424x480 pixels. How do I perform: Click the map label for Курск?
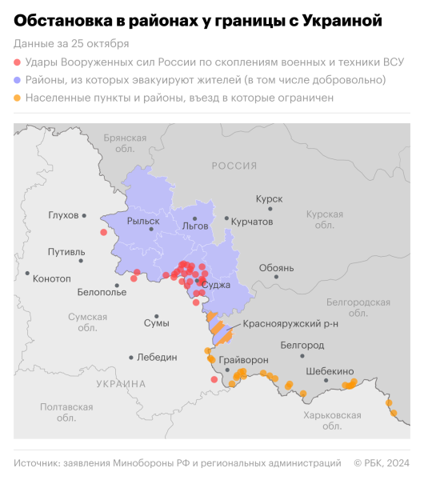tap(268, 198)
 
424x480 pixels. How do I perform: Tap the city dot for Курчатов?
tap(227, 218)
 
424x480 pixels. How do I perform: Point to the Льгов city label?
tap(195, 226)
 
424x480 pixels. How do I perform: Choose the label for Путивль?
tap(66, 252)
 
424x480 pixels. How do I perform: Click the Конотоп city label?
tap(53, 278)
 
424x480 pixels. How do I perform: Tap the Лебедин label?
tap(157, 358)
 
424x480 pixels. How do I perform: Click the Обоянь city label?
tap(277, 267)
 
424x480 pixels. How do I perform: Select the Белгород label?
tap(302, 345)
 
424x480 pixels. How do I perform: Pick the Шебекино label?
tap(330, 371)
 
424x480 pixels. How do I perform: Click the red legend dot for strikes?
tap(18, 62)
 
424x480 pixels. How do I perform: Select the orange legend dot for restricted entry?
tap(18, 98)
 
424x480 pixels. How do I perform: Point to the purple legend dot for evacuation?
tap(18, 80)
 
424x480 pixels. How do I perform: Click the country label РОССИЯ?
tap(234, 166)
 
